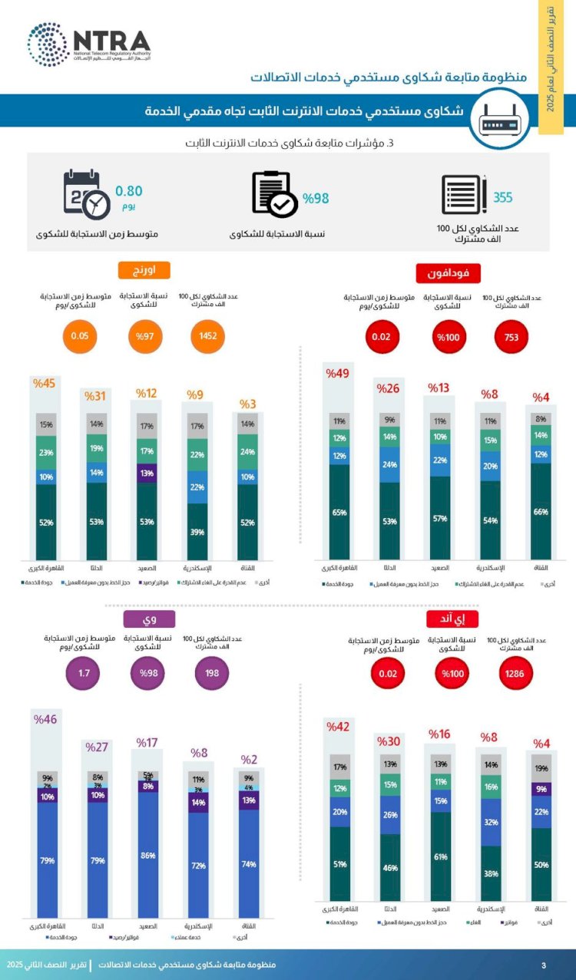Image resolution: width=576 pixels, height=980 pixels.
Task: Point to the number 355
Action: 502,197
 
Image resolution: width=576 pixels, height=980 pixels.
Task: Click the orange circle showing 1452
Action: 208,335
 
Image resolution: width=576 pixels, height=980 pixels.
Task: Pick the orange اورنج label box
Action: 144,271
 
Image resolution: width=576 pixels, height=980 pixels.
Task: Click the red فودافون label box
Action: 449,273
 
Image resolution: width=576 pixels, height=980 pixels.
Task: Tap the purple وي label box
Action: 144,619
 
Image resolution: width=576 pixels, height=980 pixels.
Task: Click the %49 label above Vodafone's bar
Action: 338,374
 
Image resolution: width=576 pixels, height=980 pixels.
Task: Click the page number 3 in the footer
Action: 544,965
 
